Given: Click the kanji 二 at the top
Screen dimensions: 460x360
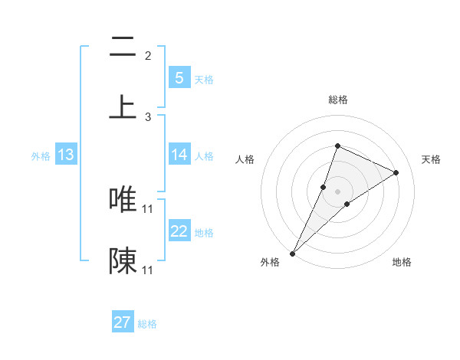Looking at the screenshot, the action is (x=123, y=48).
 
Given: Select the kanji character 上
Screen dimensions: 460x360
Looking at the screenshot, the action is (x=123, y=106).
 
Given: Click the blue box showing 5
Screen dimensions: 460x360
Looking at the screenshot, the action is (x=179, y=77).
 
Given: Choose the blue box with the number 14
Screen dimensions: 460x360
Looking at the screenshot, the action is (x=179, y=155).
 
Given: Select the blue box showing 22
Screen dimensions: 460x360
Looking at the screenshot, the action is (x=179, y=231).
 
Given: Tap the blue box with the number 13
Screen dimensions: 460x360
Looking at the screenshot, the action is (x=66, y=155).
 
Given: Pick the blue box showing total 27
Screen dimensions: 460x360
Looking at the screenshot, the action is (x=123, y=322).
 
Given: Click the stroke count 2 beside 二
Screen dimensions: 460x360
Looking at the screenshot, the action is (x=148, y=56).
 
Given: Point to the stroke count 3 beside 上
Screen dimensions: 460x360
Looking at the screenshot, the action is (x=148, y=117).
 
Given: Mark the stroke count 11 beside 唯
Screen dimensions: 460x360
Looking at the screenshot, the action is (x=148, y=208).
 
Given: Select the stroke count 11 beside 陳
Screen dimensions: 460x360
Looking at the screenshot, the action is (x=148, y=270).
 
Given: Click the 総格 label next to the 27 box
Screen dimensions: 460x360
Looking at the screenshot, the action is (x=147, y=324).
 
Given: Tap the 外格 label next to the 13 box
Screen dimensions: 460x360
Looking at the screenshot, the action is (x=41, y=156).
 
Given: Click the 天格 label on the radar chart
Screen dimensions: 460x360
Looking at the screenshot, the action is (x=431, y=159).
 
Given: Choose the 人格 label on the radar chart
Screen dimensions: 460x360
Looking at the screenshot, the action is (x=245, y=159).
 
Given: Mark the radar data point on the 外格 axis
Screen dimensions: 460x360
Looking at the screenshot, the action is (x=292, y=253).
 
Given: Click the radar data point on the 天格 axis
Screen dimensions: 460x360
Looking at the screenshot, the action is (x=396, y=172).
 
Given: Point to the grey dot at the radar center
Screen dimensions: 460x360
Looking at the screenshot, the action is (x=337, y=191).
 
